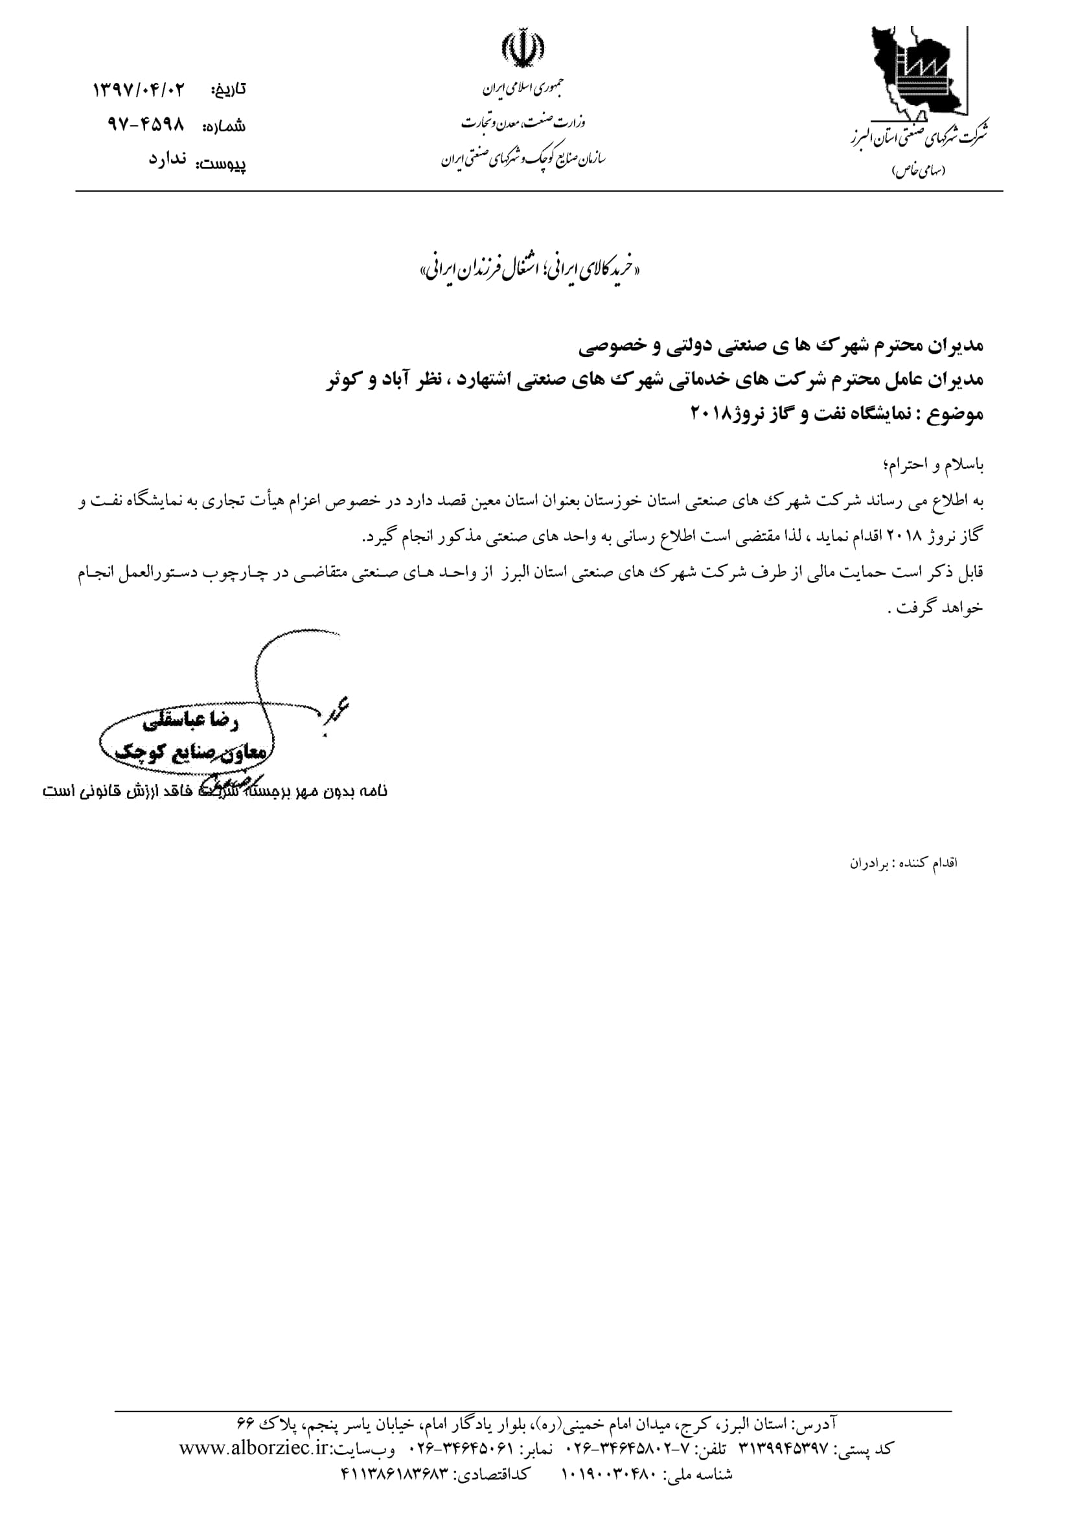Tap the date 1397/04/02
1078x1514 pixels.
140,89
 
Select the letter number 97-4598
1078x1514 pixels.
145,125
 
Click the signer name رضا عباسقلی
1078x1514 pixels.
190,723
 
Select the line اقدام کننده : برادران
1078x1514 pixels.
904,863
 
